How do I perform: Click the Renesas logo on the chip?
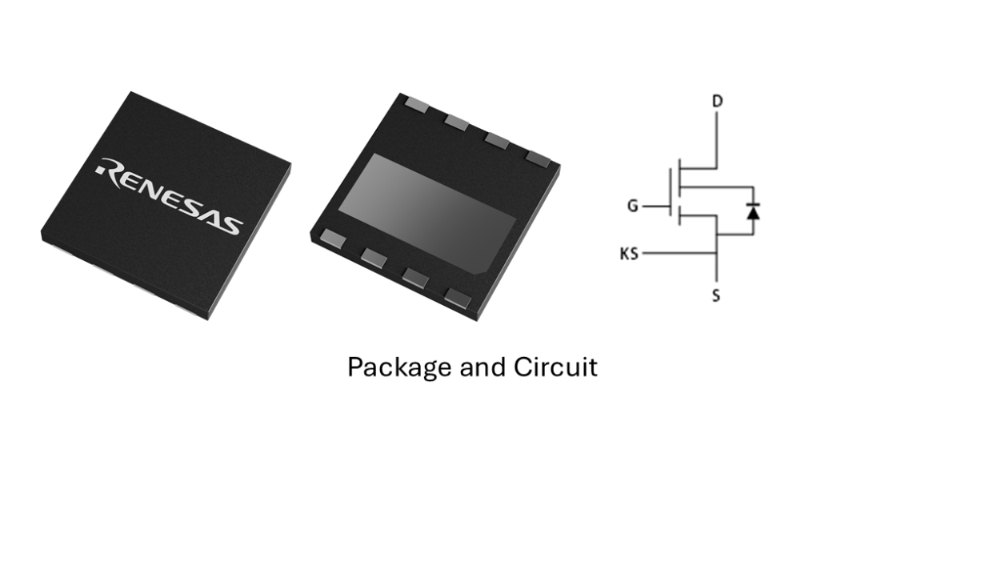point(169,195)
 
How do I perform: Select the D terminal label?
point(717,101)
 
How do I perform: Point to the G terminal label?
point(632,206)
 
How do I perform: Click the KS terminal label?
point(629,255)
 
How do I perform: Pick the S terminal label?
point(716,296)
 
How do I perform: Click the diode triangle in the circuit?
point(752,211)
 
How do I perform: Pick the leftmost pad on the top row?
point(416,103)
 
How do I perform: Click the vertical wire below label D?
point(717,140)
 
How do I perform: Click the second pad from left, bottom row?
point(374,257)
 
